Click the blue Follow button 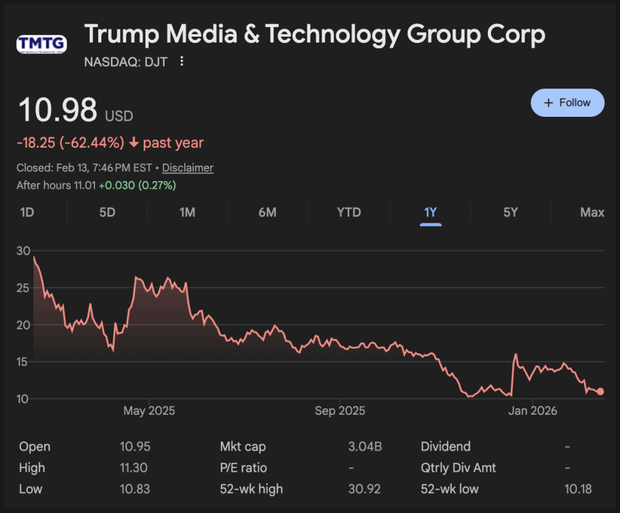point(567,103)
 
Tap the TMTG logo point(42,44)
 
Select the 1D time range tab point(27,213)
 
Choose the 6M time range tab point(267,213)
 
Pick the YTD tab point(349,213)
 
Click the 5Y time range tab point(510,213)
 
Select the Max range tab point(592,213)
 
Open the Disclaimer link point(187,168)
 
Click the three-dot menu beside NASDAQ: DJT point(182,61)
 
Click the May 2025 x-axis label point(149,411)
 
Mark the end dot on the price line point(600,392)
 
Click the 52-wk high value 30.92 point(364,489)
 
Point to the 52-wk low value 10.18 point(578,489)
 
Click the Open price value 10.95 point(135,447)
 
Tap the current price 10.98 point(58,110)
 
